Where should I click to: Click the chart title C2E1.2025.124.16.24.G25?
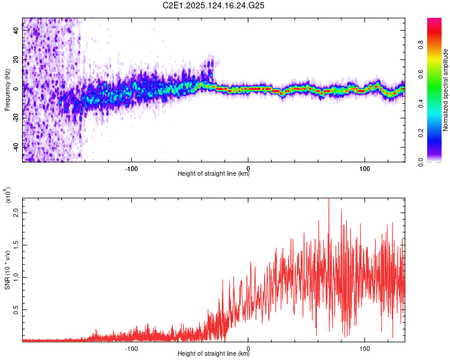point(213,5)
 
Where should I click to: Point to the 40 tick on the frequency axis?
point(16,31)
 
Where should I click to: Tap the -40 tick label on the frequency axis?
point(16,148)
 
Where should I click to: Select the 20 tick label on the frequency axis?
point(16,60)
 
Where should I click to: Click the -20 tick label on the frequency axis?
point(16,118)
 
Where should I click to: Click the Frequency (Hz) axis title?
point(7,90)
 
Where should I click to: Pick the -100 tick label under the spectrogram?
point(131,169)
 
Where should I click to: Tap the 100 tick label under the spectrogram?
point(364,169)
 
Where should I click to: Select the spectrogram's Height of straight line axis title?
point(214,173)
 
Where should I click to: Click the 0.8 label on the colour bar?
point(421,45)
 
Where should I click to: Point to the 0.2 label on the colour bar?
point(421,133)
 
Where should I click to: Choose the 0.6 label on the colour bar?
point(421,74)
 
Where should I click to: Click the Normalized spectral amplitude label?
point(445,90)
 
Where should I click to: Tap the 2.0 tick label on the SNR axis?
point(16,213)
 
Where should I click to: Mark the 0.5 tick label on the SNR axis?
point(16,310)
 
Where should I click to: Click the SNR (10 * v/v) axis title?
point(7,270)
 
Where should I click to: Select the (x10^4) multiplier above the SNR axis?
point(8,195)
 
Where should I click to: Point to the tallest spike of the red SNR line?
point(329,199)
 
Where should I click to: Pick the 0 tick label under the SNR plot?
point(248,349)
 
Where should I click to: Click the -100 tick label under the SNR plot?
point(131,349)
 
